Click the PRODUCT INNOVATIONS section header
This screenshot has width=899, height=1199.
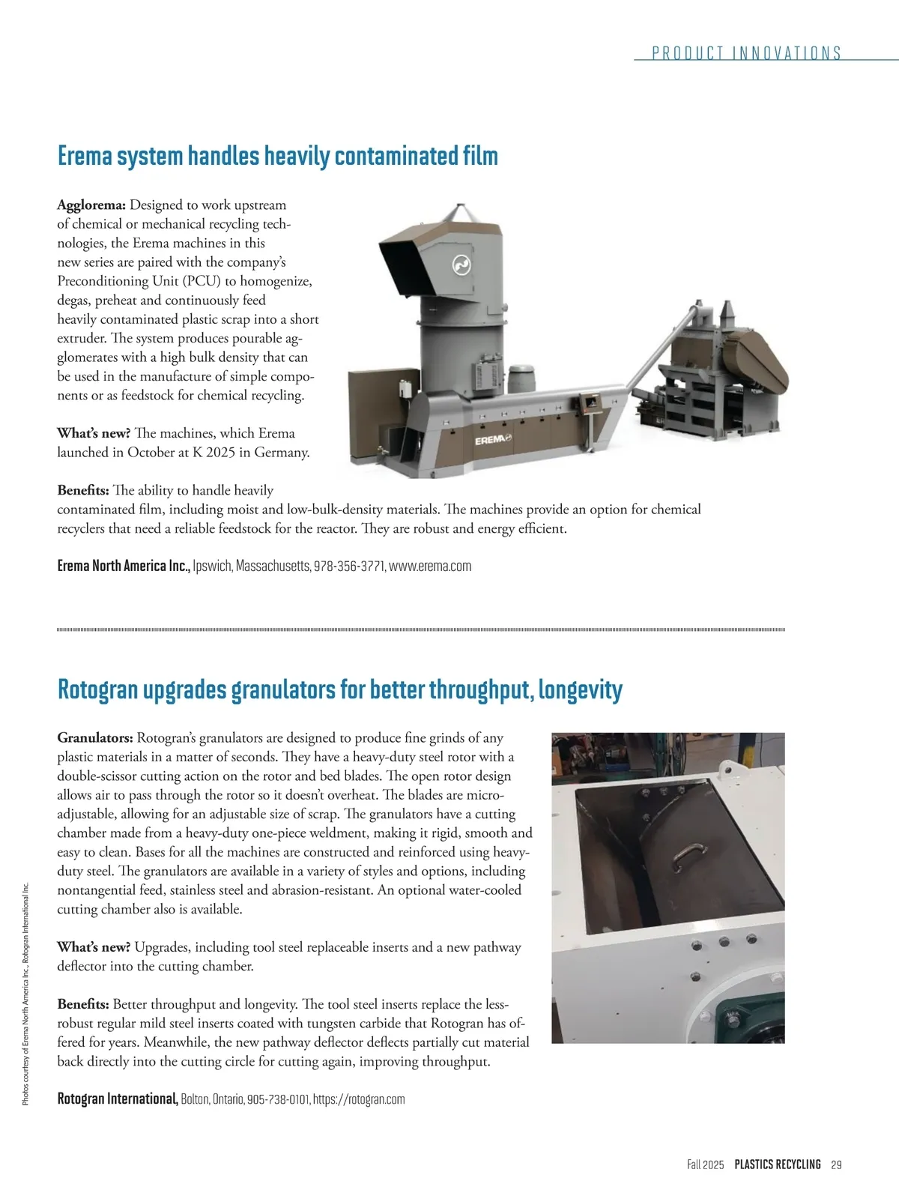click(746, 53)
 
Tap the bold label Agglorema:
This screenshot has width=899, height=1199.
click(91, 205)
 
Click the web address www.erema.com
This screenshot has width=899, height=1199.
click(430, 566)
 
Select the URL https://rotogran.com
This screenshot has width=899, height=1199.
click(359, 1099)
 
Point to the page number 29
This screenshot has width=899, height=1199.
click(837, 1165)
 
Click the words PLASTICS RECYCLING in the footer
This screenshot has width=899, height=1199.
click(778, 1165)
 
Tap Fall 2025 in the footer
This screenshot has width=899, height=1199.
click(706, 1165)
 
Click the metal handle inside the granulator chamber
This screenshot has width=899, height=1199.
click(688, 857)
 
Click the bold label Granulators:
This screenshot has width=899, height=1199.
click(95, 738)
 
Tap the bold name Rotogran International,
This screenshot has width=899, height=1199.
click(118, 1099)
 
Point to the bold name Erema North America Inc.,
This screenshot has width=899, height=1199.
click(124, 566)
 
